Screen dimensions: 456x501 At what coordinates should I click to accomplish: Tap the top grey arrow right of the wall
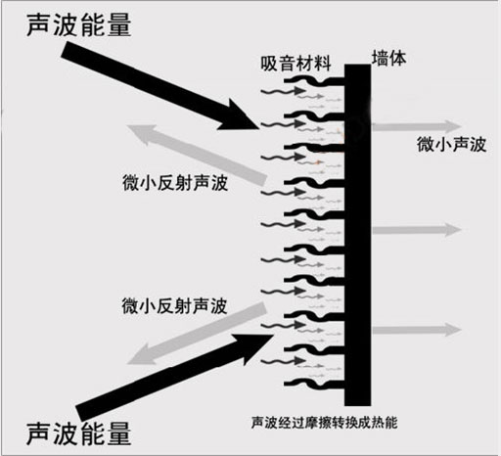[x=446, y=126]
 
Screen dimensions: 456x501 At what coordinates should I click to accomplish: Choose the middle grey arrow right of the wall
[x=446, y=229]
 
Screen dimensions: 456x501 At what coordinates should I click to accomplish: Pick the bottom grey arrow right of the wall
[x=446, y=328]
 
